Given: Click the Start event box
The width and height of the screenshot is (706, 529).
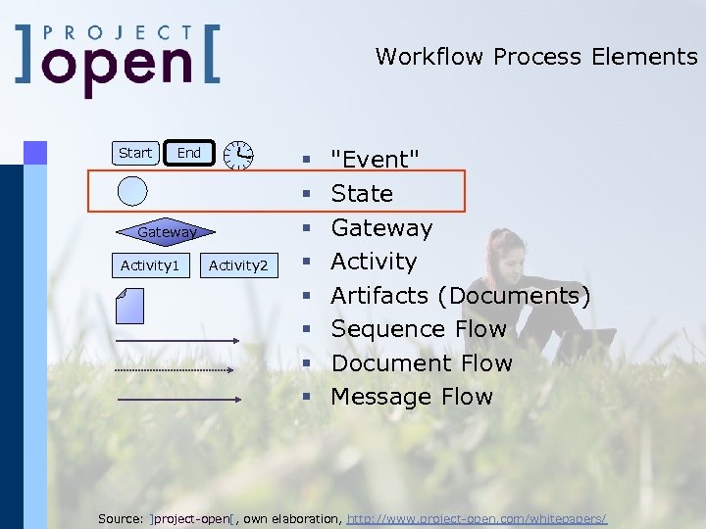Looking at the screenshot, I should (135, 153).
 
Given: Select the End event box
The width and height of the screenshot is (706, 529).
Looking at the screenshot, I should (188, 153).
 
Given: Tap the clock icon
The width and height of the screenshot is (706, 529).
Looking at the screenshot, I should (237, 155).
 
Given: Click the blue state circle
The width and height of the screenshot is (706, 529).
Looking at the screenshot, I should (132, 191).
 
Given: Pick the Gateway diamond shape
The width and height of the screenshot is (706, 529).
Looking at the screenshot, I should (167, 232).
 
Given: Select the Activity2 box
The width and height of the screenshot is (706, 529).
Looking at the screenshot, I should (238, 265).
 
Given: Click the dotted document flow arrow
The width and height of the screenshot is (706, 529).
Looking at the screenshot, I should (175, 370).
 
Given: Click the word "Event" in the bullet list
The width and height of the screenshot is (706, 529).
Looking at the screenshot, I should (376, 160).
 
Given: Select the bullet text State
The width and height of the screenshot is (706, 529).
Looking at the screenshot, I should (362, 194).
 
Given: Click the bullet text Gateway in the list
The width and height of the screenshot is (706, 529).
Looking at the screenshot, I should (381, 228).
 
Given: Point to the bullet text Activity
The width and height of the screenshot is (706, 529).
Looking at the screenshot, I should (374, 262).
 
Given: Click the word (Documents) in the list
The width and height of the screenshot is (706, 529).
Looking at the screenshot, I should (514, 296).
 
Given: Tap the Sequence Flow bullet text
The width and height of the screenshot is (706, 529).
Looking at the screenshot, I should (419, 329).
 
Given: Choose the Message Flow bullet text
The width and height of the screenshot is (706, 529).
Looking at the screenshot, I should (412, 397).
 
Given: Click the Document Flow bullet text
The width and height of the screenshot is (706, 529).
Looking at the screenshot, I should (422, 363).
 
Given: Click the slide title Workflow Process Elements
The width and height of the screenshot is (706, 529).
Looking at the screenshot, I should (535, 57).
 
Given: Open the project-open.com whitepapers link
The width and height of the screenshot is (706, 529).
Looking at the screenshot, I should (478, 517).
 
